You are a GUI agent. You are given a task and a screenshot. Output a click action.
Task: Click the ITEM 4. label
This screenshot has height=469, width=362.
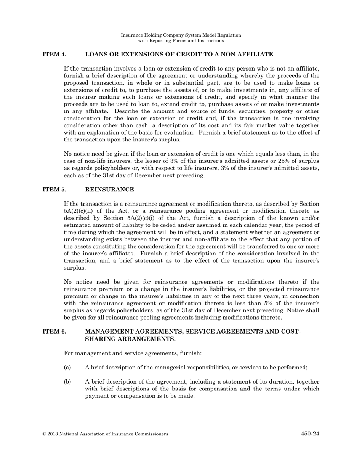click(x=54, y=55)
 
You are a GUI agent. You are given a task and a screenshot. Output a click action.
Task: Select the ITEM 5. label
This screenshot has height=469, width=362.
click(x=54, y=190)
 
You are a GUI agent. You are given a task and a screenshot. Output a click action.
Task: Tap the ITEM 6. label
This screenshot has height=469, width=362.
click(x=54, y=332)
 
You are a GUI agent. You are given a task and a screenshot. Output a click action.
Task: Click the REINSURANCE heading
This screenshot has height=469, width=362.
click(x=109, y=190)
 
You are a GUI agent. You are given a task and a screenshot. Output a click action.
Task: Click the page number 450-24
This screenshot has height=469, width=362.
click(x=310, y=434)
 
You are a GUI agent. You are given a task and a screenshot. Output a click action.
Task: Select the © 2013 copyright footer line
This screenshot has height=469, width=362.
click(x=105, y=434)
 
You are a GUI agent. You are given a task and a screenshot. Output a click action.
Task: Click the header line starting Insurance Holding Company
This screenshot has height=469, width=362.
click(x=181, y=35)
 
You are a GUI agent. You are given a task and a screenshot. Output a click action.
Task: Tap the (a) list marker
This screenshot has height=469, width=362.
click(x=67, y=368)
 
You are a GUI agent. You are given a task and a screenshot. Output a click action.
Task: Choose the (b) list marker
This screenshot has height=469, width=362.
click(x=67, y=382)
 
